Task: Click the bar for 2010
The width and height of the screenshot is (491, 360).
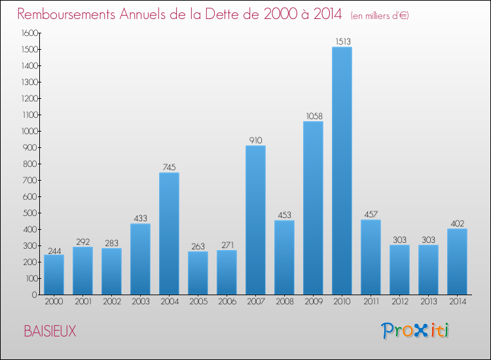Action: pos(342,171)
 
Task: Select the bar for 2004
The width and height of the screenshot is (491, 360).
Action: pos(169,234)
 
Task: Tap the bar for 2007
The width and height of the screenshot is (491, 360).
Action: pos(255,220)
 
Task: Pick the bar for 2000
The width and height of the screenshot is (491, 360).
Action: pos(54,274)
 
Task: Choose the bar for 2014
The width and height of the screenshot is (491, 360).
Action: pos(457,261)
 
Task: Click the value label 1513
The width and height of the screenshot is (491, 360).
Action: pos(342,41)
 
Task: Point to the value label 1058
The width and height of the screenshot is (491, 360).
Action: pos(313,116)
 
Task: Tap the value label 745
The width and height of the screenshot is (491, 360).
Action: pos(169,167)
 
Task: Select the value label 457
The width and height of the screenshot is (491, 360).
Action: pos(371,214)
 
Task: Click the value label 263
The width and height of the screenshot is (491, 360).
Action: pos(198,246)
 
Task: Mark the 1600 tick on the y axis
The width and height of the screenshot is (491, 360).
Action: pos(29,33)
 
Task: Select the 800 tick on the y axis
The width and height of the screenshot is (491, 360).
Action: pos(31,164)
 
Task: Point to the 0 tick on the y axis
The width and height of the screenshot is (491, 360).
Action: pos(34,295)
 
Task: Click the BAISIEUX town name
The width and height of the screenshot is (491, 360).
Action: pos(50,332)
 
